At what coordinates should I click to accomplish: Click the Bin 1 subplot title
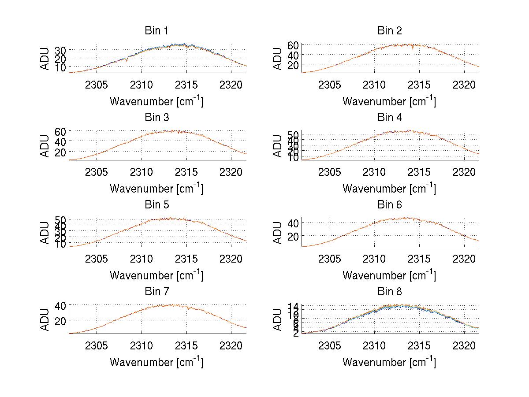[156, 31]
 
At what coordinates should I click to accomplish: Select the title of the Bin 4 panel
[390, 118]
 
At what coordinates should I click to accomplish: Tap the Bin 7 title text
[156, 292]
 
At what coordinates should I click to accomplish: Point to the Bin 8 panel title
[390, 292]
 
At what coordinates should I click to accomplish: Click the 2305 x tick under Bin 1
[97, 84]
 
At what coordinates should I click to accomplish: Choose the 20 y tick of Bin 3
[60, 152]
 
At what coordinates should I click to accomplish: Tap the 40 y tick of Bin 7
[60, 305]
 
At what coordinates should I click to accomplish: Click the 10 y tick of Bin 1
[60, 67]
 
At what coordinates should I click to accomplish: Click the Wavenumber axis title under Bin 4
[389, 188]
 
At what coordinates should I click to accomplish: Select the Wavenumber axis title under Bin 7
[156, 362]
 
